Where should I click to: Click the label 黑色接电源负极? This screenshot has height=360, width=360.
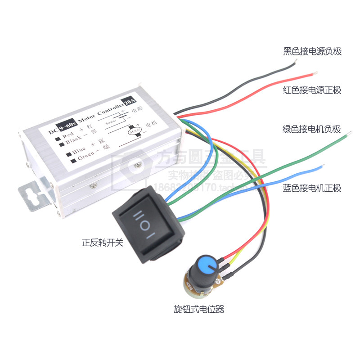312,51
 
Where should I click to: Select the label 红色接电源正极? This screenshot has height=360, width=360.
312,90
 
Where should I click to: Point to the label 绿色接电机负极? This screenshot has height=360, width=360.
312,130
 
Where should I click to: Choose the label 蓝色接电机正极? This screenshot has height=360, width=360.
312,188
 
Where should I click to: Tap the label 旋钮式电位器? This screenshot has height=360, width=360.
198,309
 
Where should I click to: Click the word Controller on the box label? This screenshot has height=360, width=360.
107,110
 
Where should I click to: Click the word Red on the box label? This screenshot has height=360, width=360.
67,134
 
